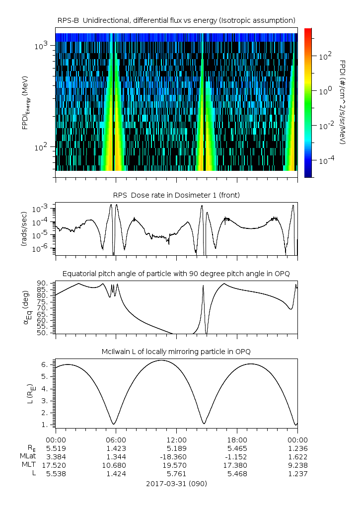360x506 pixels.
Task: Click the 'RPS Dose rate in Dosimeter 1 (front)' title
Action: pyautogui.click(x=176, y=195)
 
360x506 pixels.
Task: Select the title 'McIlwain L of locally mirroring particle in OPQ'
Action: pyautogui.click(x=176, y=352)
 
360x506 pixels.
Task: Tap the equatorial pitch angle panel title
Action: pyautogui.click(x=176, y=274)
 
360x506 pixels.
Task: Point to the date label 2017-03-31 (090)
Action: pyautogui.click(x=176, y=483)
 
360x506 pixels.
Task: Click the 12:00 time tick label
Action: pyautogui.click(x=176, y=440)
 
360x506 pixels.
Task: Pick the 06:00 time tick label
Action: pyautogui.click(x=116, y=440)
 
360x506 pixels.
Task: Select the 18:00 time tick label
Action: pyautogui.click(x=237, y=440)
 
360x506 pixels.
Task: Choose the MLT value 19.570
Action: pyautogui.click(x=176, y=465)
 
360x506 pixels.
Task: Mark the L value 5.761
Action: pyautogui.click(x=176, y=474)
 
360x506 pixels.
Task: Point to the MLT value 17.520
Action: pyautogui.click(x=56, y=465)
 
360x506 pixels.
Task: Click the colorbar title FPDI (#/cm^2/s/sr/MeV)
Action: pyautogui.click(x=343, y=102)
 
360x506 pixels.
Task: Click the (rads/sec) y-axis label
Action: pyautogui.click(x=23, y=229)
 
